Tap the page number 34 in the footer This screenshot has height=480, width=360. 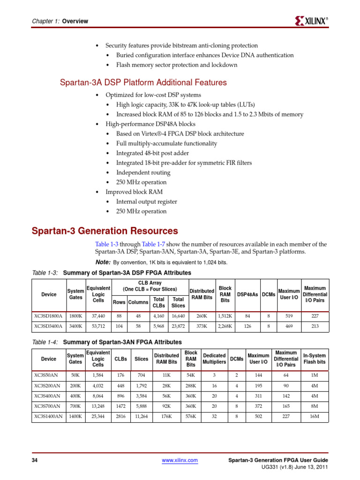[34, 460]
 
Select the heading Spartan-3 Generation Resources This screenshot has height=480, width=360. [105, 231]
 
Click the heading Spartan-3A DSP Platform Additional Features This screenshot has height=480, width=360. [143, 82]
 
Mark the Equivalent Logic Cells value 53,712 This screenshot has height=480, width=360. [98, 325]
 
